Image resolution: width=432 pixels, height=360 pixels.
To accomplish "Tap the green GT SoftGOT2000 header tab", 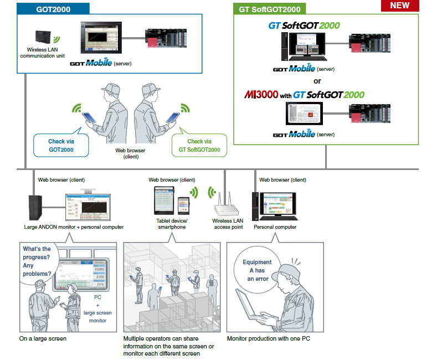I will click(269, 9).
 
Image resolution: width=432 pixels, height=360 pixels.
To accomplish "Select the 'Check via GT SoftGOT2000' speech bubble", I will click(199, 146).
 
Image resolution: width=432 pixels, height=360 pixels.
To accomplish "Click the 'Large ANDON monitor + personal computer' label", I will click(74, 227).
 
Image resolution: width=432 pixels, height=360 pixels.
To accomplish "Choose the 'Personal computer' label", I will click(275, 227).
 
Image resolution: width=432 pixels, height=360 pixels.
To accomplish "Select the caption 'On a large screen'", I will click(43, 338).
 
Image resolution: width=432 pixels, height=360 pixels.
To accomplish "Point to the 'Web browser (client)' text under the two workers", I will click(131, 153).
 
